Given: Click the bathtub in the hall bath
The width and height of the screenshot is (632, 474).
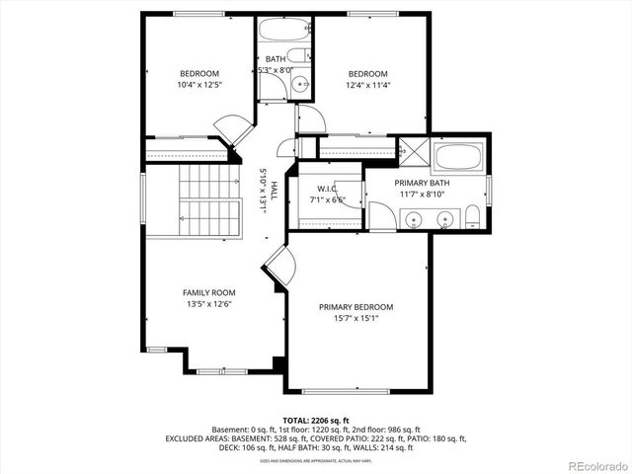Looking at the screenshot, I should (285, 29).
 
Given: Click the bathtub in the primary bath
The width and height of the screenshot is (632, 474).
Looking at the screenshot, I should (458, 158).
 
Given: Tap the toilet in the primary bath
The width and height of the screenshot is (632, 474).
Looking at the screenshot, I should (473, 216).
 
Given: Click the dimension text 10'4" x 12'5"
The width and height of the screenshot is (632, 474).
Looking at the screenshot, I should (198, 85).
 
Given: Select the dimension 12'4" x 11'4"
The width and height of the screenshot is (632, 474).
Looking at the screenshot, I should (366, 85).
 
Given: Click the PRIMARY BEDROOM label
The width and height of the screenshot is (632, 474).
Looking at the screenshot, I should (355, 307).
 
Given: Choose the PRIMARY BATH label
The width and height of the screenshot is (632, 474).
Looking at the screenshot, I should (422, 184).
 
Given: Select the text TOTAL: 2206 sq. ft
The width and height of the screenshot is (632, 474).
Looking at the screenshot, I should (316, 420).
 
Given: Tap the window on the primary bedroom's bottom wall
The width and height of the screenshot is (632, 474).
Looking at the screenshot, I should (345, 389).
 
